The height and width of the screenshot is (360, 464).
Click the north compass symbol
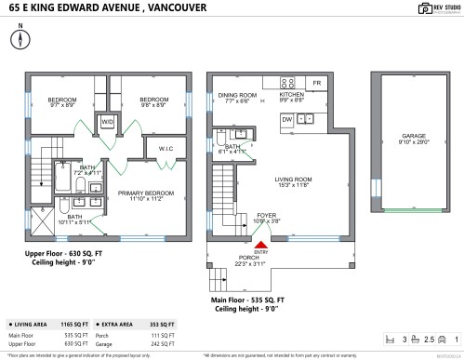point(20,39)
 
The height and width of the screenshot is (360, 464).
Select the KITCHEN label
point(293,95)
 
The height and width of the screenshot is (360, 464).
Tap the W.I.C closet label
point(166,149)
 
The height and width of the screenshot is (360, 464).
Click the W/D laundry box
point(107,122)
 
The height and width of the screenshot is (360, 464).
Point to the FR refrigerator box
point(317,84)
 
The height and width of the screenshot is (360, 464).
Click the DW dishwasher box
point(287,119)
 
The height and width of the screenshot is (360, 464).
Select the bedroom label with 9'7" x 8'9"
point(61,100)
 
